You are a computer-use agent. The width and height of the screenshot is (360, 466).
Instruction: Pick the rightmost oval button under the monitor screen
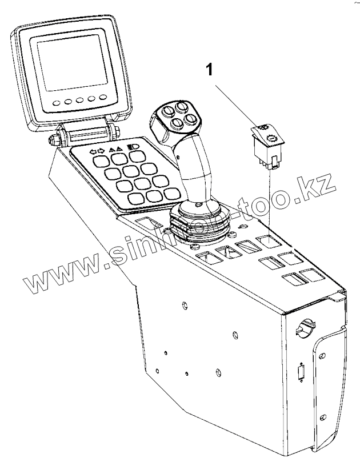coord(103,98)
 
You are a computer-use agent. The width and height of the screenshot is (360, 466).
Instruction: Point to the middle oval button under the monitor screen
coord(78,102)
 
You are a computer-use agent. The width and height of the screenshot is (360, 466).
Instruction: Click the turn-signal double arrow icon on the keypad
coord(98,152)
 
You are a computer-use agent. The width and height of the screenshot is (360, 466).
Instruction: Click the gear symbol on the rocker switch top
coord(271,136)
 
